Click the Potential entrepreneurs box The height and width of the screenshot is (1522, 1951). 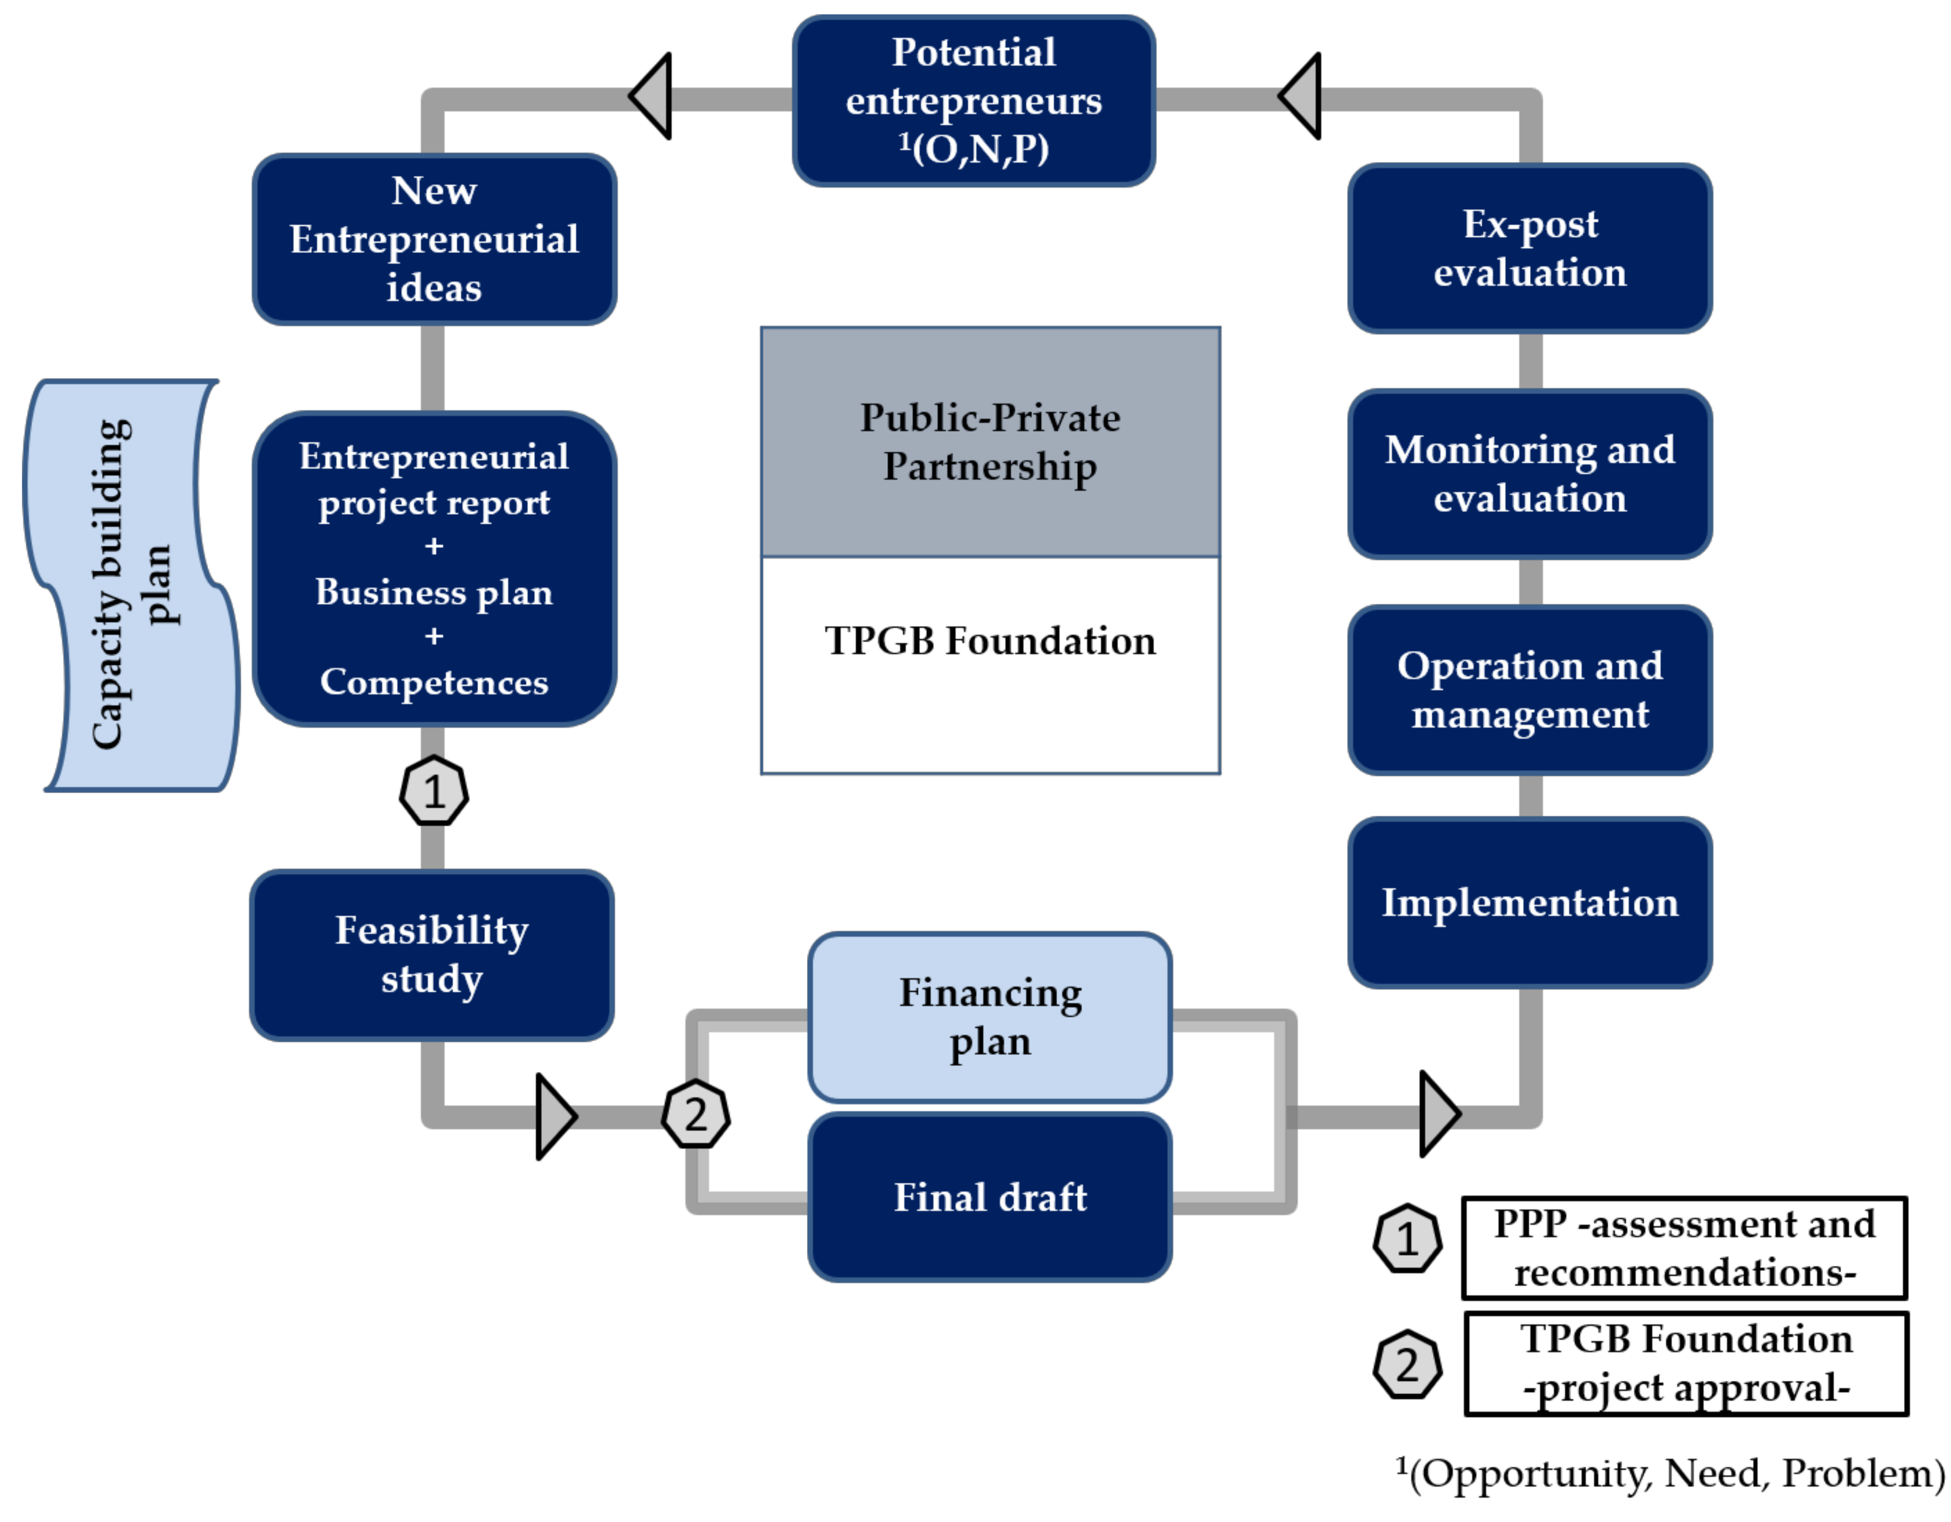pyautogui.click(x=974, y=101)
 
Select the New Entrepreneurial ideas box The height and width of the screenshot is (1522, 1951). pyautogui.click(x=434, y=240)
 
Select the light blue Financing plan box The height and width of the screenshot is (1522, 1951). pyautogui.click(x=990, y=1017)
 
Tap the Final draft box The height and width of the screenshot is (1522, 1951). pyautogui.click(x=990, y=1198)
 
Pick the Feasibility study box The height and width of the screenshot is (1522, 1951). pyautogui.click(x=432, y=955)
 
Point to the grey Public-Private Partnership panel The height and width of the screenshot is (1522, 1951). pyautogui.click(x=990, y=442)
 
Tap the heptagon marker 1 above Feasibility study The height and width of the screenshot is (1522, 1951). pyautogui.click(x=433, y=791)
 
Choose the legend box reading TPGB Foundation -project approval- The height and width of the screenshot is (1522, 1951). pyautogui.click(x=1686, y=1364)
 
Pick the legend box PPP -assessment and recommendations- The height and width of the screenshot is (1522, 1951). pyautogui.click(x=1684, y=1249)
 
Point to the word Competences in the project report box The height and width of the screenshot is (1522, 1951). pyautogui.click(x=434, y=682)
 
